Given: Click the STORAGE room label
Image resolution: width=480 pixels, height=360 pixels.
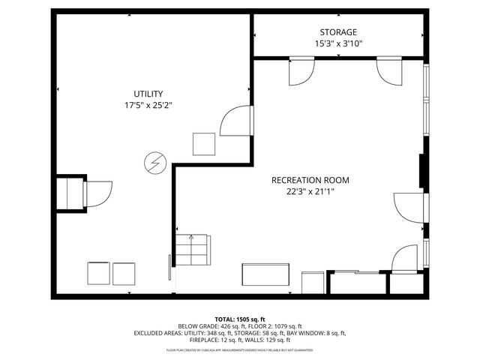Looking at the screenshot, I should pyautogui.click(x=338, y=32).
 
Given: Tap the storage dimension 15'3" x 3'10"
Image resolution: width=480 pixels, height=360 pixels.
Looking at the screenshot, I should pyautogui.click(x=338, y=44).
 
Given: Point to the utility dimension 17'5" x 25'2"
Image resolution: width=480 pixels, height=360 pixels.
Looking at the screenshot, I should pyautogui.click(x=148, y=106).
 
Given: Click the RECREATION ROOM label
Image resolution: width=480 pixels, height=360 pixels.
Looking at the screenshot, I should pyautogui.click(x=310, y=180).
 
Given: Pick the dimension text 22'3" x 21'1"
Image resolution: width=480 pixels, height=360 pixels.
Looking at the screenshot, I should pyautogui.click(x=310, y=192).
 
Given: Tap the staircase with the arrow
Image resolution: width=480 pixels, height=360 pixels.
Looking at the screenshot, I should pyautogui.click(x=193, y=250).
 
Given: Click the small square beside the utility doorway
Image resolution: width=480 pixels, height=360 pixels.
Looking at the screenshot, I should pyautogui.click(x=204, y=143).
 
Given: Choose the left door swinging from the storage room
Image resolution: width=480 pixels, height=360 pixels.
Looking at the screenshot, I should pyautogui.click(x=301, y=71).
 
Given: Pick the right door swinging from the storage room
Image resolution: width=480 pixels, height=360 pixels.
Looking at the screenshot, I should pyautogui.click(x=390, y=70).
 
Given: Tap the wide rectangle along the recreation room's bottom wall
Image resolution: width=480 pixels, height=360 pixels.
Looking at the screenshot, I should pyautogui.click(x=265, y=275).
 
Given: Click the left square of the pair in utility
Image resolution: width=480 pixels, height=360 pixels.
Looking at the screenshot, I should pyautogui.click(x=98, y=273).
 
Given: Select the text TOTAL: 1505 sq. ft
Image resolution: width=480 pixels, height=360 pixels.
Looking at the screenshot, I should pyautogui.click(x=240, y=319).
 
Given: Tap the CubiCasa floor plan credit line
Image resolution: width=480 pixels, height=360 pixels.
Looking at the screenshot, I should pyautogui.click(x=240, y=350).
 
